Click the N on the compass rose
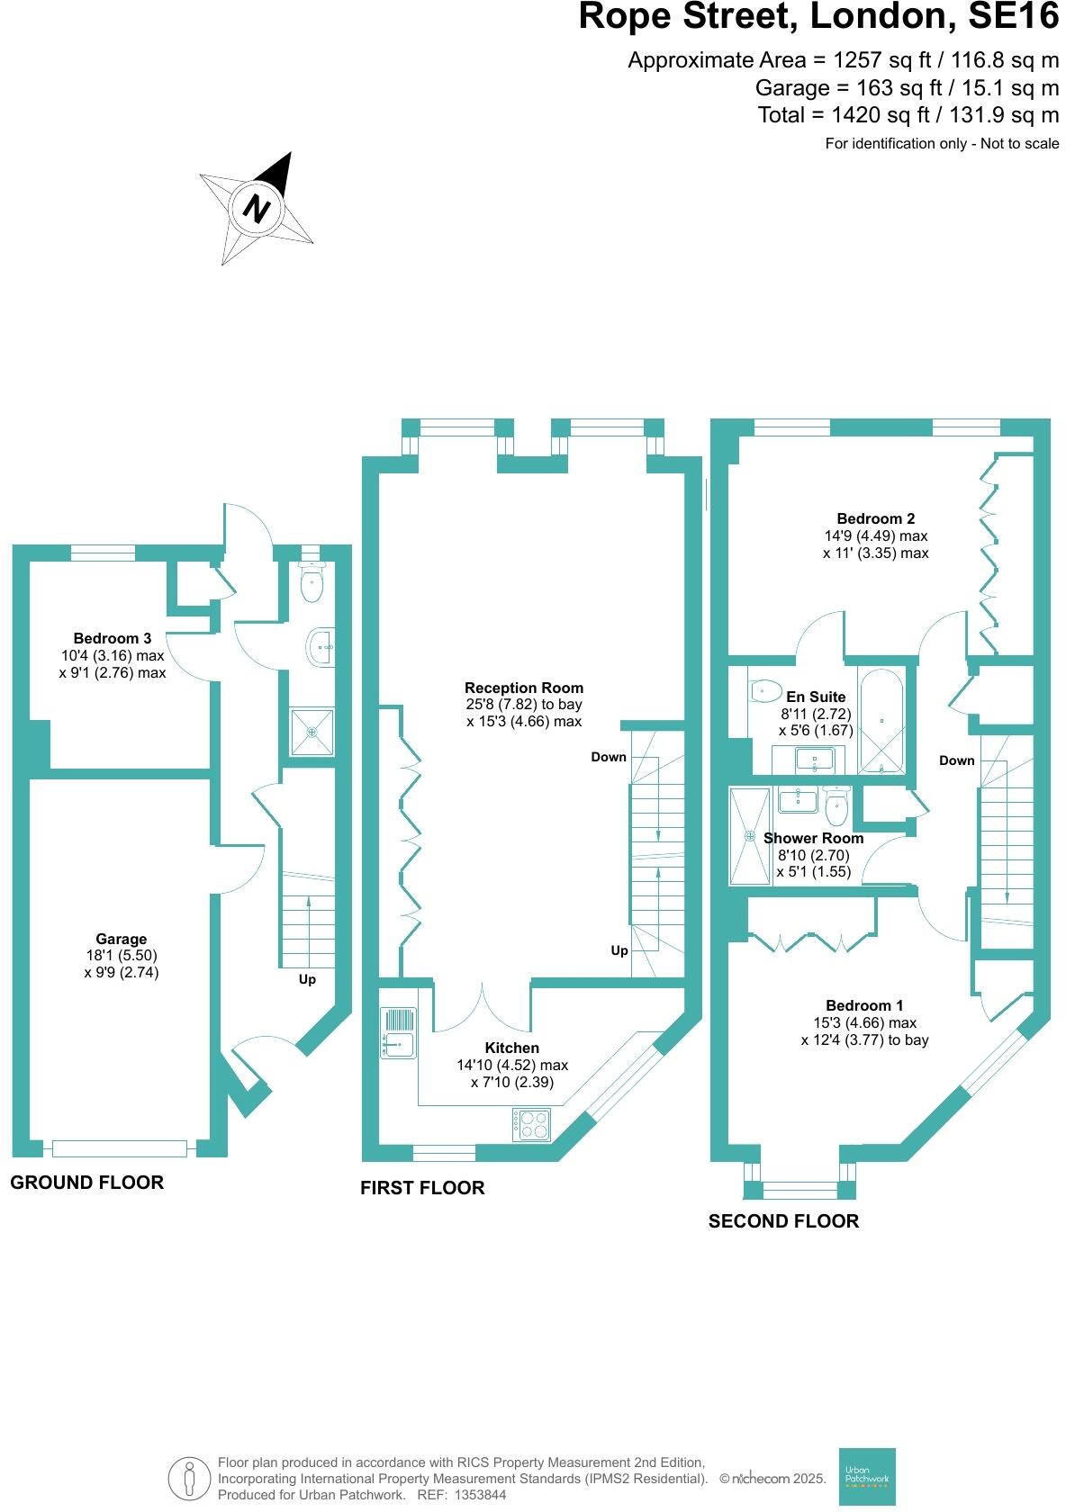257,208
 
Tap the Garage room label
121,939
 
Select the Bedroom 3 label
112,638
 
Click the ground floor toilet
312,583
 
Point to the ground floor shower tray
312,732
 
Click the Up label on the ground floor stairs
307,979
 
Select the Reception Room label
524,688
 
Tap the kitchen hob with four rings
531,1124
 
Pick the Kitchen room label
511,1048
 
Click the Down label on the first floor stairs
609,757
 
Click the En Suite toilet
763,690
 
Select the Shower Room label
813,838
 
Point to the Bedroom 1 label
864,1005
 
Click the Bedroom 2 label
875,518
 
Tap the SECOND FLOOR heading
783,1221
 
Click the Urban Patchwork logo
867,1476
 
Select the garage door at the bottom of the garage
120,1147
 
